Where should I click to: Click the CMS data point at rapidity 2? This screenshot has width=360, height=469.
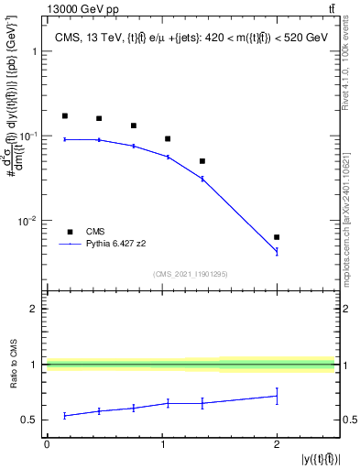[277, 237]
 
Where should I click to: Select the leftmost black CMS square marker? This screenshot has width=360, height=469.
[64, 116]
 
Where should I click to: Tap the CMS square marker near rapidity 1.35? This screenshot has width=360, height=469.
[202, 161]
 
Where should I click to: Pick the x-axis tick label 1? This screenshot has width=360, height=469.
[162, 444]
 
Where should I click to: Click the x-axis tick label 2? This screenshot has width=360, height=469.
[277, 444]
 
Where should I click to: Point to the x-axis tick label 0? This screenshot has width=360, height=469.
[47, 444]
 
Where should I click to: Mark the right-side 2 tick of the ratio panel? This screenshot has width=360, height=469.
[344, 309]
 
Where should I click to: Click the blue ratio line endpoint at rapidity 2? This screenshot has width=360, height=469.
[277, 396]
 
